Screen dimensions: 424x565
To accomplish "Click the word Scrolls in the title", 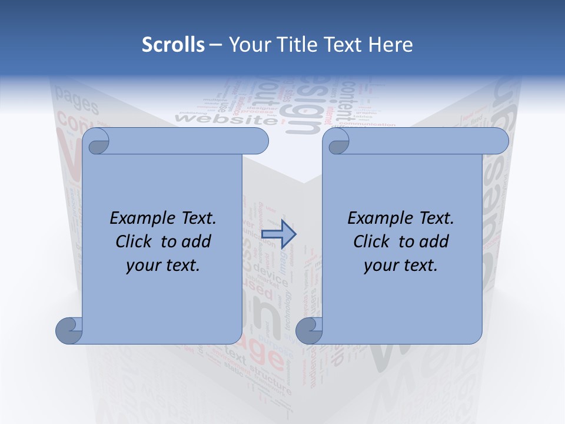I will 173,45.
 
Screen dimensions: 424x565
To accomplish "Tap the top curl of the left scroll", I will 96,141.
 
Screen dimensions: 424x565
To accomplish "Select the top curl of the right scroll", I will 336,141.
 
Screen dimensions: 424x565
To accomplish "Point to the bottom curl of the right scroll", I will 310,330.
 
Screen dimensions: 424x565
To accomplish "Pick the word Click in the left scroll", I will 135,241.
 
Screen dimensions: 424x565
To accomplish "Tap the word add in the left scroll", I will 197,241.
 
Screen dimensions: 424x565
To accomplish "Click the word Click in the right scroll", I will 373,241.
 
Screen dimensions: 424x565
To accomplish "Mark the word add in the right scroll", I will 434,241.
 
